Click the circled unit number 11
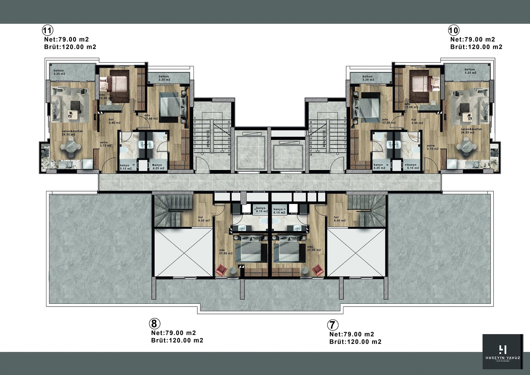[47, 30]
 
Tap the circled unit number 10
[454, 30]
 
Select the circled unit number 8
[154, 323]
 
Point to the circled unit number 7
[333, 325]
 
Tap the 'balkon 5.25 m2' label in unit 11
[59, 72]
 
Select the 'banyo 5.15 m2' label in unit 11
[126, 167]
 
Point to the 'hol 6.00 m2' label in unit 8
[204, 219]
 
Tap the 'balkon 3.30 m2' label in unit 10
[368, 78]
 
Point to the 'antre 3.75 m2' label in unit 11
[105, 144]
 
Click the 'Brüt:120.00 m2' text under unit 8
[177, 340]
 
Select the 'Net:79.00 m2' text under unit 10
[473, 39]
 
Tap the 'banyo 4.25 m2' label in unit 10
[379, 166]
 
